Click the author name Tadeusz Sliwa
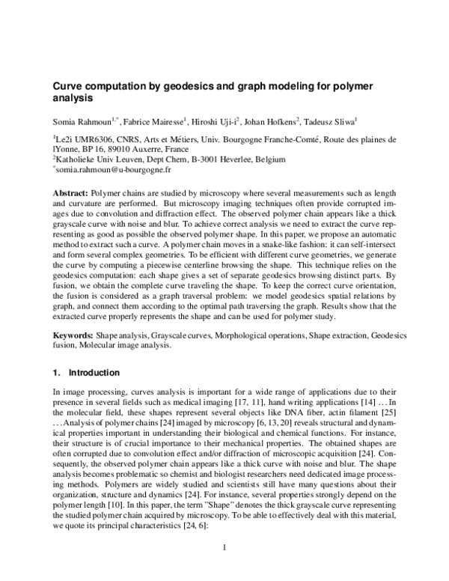332,120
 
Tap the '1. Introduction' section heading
86,372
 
